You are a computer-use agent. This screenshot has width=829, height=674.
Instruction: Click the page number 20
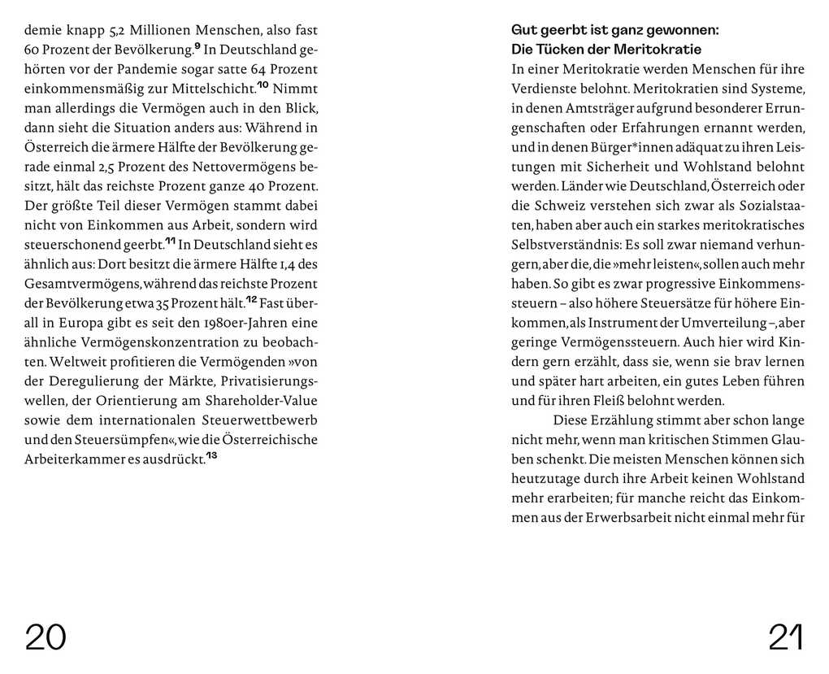(46, 637)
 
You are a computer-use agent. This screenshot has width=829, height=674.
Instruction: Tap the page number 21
(785, 637)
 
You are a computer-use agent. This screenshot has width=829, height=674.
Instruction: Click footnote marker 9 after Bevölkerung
(197, 46)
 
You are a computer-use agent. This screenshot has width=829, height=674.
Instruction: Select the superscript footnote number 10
(263, 85)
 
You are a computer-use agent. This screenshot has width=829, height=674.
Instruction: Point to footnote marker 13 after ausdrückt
(211, 456)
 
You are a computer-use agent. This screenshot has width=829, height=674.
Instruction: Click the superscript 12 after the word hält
(251, 300)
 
